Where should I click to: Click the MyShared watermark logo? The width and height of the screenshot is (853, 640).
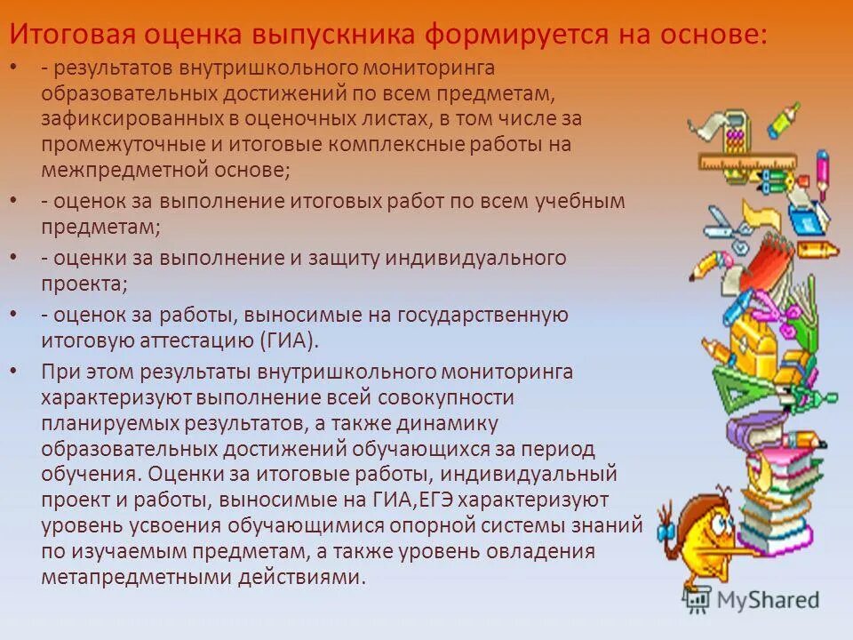761,599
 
